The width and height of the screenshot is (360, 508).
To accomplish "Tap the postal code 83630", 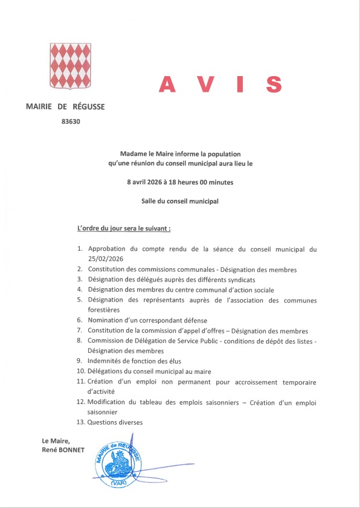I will (x=71, y=121).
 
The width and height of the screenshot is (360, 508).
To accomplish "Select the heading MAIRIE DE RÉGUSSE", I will (x=65, y=107).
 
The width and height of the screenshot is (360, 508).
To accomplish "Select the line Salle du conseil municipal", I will (x=179, y=201).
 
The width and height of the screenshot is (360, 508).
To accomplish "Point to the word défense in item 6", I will (x=194, y=320).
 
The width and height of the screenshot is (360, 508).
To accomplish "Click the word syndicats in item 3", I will (x=239, y=279).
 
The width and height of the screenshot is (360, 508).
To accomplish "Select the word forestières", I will (x=108, y=309).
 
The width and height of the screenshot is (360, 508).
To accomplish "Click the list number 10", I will (x=80, y=371).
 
